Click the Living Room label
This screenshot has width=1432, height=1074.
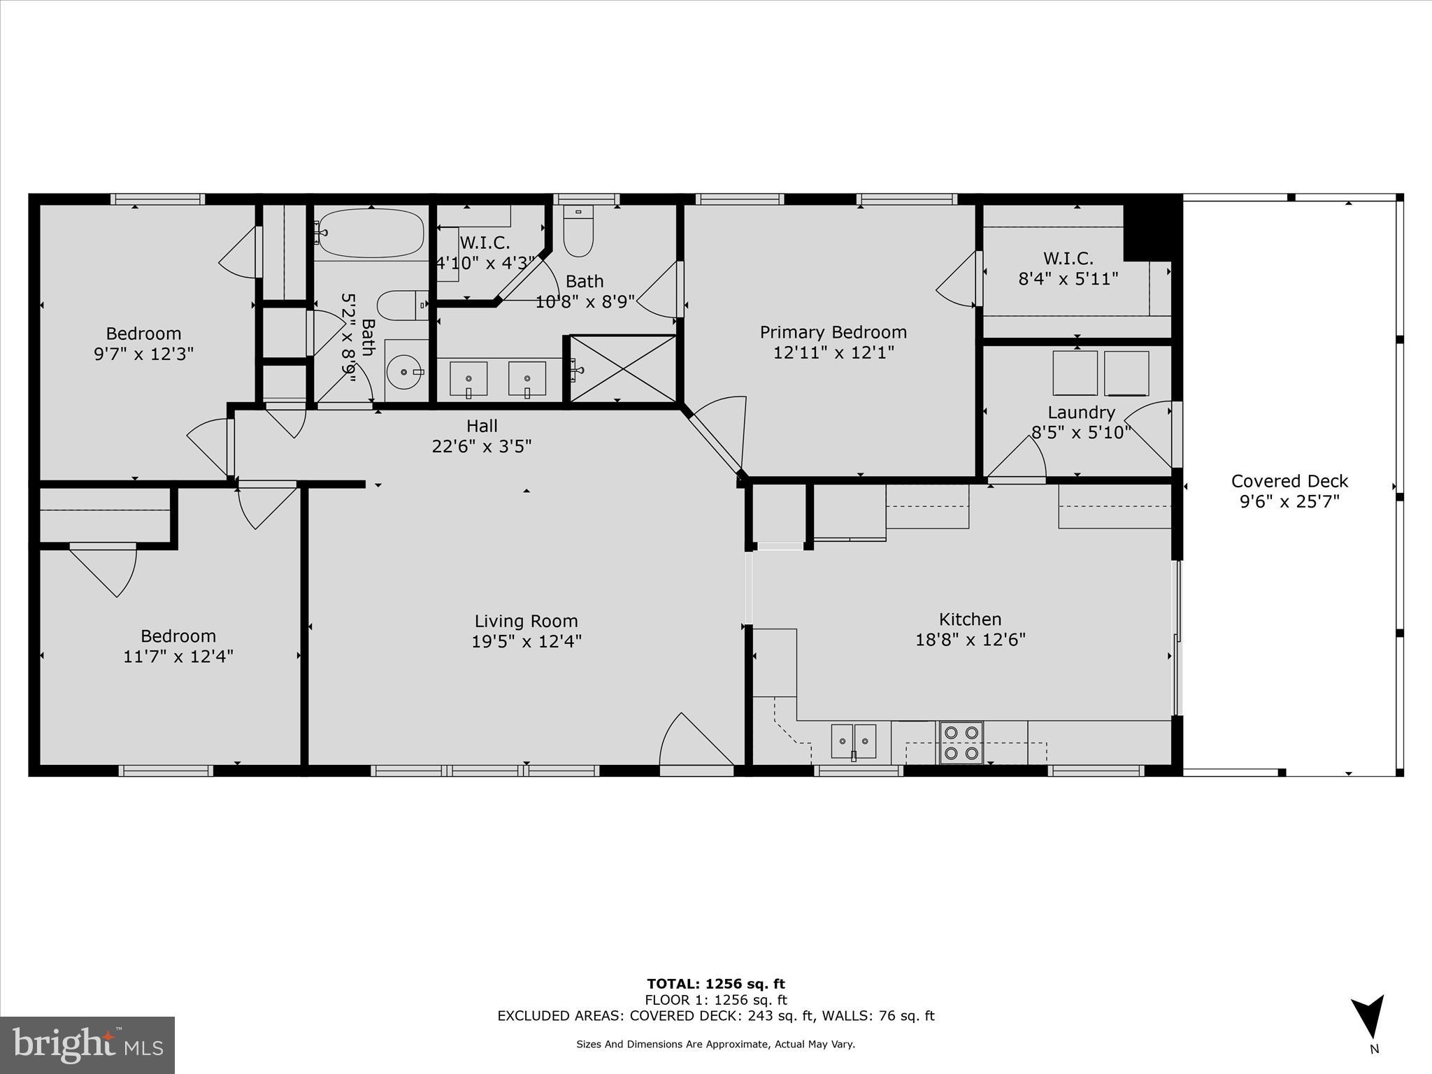526,621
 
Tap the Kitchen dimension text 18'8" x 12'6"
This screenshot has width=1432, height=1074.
970,640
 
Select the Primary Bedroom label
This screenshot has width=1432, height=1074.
833,332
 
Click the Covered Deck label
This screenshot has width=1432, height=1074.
1289,481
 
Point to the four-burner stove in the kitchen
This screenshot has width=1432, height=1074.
961,743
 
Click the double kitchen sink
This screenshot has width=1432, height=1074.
854,741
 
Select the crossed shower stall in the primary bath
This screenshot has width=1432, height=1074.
623,368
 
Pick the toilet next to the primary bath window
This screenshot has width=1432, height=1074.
578,231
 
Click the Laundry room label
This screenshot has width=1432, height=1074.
1081,413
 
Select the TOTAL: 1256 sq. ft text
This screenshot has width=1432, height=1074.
715,984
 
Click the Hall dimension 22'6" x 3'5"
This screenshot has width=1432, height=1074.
482,446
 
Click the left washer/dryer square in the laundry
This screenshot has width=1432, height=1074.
1075,373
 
